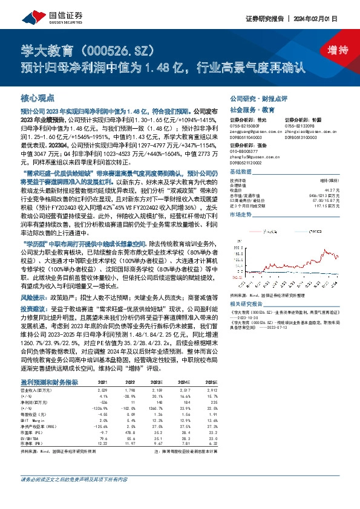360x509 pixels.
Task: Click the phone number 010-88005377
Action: point(243,152)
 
